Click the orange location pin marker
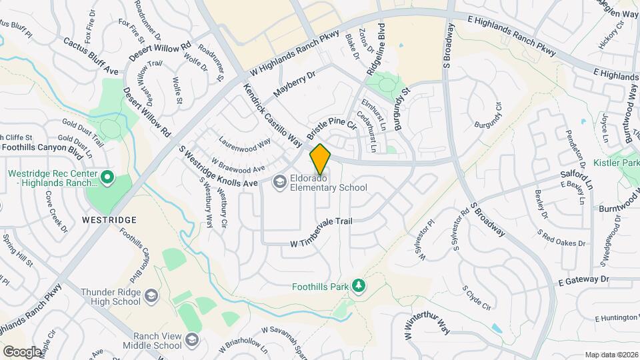click(320, 159)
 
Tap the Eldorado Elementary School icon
click(281, 181)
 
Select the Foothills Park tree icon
click(359, 285)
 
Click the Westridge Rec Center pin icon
click(108, 177)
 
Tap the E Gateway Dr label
click(584, 279)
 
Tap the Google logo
click(21, 351)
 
